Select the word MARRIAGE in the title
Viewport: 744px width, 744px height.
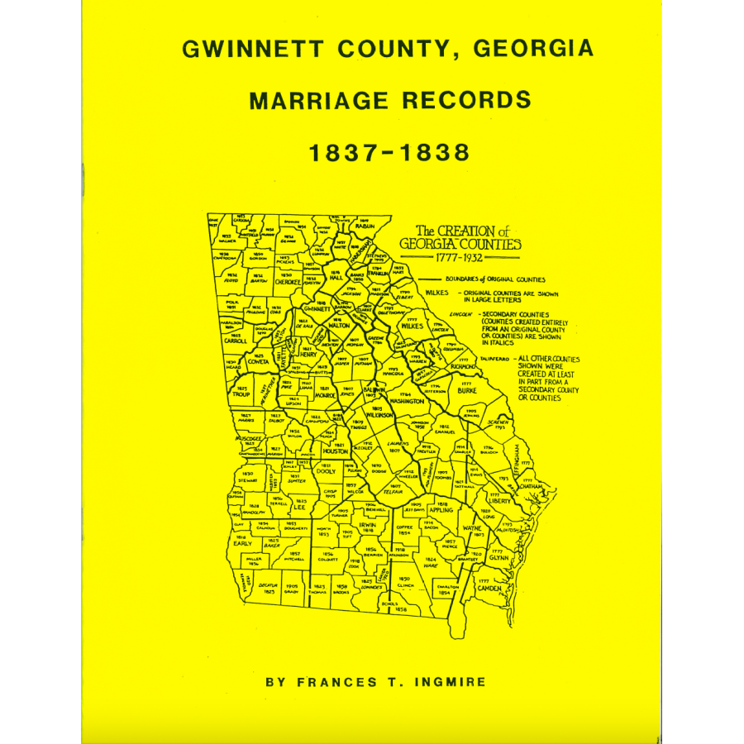[317, 100]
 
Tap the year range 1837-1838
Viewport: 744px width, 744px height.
[388, 153]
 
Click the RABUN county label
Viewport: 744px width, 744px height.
[365, 226]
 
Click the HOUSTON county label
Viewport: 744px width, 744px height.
[335, 451]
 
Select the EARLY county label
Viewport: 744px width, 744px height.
[243, 543]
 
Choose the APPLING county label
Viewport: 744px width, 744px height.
[442, 509]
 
